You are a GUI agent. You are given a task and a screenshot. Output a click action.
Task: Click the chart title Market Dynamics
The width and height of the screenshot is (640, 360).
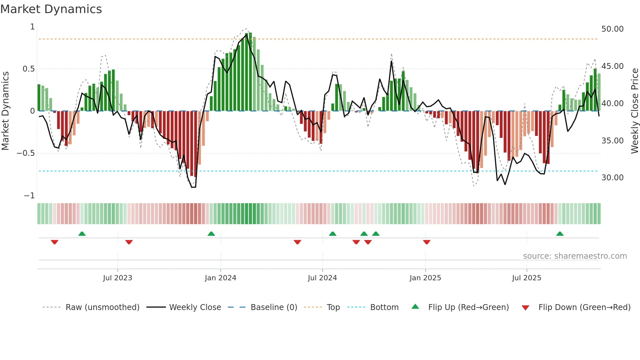pyautogui.click(x=51, y=9)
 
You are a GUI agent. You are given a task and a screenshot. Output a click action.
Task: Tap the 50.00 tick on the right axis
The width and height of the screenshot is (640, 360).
pyautogui.click(x=612, y=29)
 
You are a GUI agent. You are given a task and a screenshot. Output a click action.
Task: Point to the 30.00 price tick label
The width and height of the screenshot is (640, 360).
pyautogui.click(x=612, y=178)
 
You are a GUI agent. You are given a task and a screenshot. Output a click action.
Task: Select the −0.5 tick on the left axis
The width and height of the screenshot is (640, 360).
pyautogui.click(x=25, y=153)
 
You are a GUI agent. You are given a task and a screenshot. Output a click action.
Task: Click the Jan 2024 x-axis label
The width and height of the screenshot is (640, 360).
pyautogui.click(x=220, y=278)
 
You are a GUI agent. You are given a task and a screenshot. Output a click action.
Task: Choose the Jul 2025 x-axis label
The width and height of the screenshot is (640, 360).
pyautogui.click(x=526, y=278)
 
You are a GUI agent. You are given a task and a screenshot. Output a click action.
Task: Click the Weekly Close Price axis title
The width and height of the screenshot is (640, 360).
pyautogui.click(x=634, y=111)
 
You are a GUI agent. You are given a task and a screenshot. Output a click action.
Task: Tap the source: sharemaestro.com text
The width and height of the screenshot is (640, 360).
pyautogui.click(x=575, y=256)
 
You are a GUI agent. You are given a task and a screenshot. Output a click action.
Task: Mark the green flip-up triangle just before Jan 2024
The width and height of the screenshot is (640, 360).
pyautogui.click(x=211, y=234)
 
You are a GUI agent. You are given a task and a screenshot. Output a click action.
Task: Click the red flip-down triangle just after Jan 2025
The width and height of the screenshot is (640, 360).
pyautogui.click(x=426, y=242)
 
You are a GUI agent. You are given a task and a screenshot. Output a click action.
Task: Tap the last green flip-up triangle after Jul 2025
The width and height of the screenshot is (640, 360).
pyautogui.click(x=560, y=234)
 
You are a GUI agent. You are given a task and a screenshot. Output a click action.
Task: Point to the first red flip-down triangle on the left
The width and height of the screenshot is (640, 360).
pyautogui.click(x=55, y=242)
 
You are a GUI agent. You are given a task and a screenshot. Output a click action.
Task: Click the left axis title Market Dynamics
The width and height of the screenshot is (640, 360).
pyautogui.click(x=5, y=111)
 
